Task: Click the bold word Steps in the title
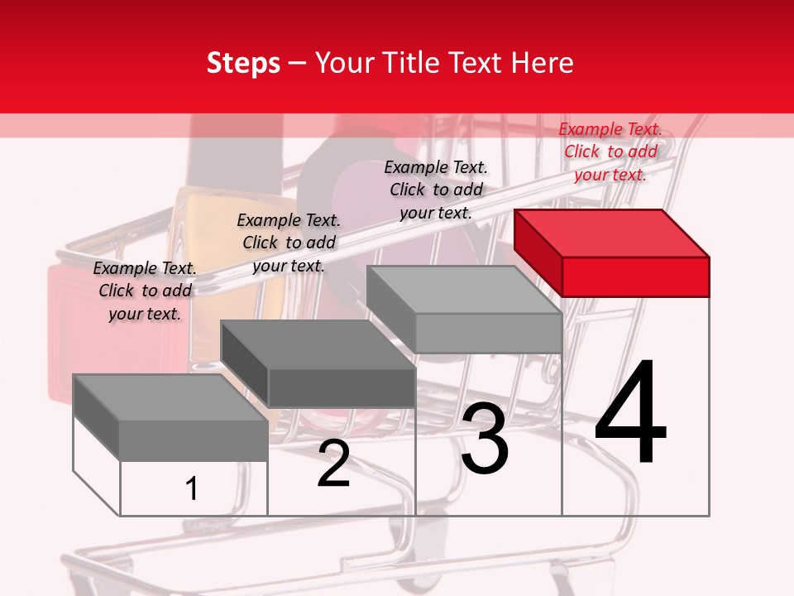[x=243, y=63]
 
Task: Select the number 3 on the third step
[x=485, y=440]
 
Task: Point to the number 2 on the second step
[x=333, y=464]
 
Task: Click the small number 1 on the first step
[x=191, y=488]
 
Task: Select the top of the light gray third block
[x=463, y=290]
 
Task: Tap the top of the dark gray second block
[x=317, y=344]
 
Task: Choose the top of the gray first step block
[x=170, y=398]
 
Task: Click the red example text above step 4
[x=610, y=151]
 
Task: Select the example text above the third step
[x=436, y=190]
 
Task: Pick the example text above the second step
[x=289, y=243]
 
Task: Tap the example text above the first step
[x=145, y=291]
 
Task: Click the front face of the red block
[x=635, y=276]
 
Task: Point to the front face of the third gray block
[x=488, y=334]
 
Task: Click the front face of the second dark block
[x=341, y=387]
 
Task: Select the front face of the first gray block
[x=194, y=440]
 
